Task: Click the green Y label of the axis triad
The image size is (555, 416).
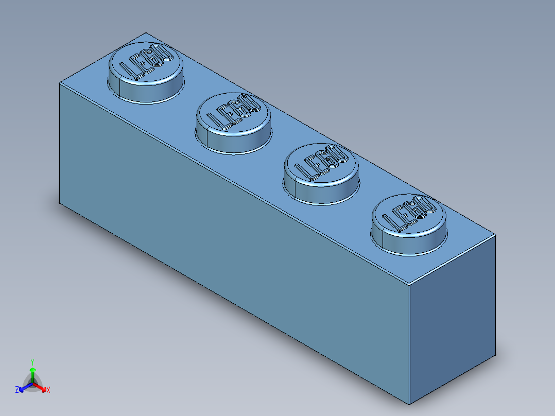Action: click(32, 361)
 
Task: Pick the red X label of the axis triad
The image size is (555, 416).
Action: click(48, 390)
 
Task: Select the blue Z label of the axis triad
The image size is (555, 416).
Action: click(17, 390)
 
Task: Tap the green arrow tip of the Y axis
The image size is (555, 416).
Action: click(32, 370)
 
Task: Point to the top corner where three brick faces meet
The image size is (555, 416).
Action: click(408, 284)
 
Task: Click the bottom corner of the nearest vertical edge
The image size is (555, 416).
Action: click(408, 405)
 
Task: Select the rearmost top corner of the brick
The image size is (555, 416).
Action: click(146, 32)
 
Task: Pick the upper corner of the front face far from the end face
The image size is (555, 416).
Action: click(60, 82)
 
